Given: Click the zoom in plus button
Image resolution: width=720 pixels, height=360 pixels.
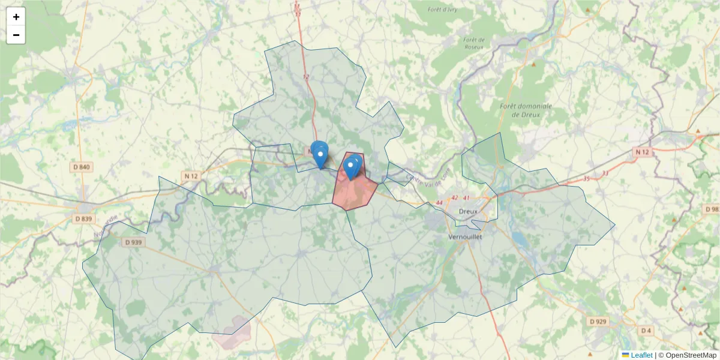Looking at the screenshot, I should point(16,17).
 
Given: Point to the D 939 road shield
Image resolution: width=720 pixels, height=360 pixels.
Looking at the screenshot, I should point(133,242).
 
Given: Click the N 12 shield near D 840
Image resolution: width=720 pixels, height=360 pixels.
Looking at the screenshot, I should point(191,176).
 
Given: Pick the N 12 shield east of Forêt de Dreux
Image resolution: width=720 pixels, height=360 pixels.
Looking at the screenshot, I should point(642,153).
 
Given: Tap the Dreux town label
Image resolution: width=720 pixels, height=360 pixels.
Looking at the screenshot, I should point(468,211).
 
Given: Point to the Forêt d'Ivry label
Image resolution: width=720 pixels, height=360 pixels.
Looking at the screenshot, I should point(443,10).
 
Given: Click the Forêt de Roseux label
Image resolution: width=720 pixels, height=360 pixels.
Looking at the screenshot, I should point(474,44).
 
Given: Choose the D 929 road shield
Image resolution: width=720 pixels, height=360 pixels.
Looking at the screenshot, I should point(598,322).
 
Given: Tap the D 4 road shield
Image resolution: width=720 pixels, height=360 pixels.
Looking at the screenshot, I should point(646,331).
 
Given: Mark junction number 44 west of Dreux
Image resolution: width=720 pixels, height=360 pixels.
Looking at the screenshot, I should point(440,203).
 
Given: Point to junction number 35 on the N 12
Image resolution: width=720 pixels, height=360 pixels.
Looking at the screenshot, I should point(586,179).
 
